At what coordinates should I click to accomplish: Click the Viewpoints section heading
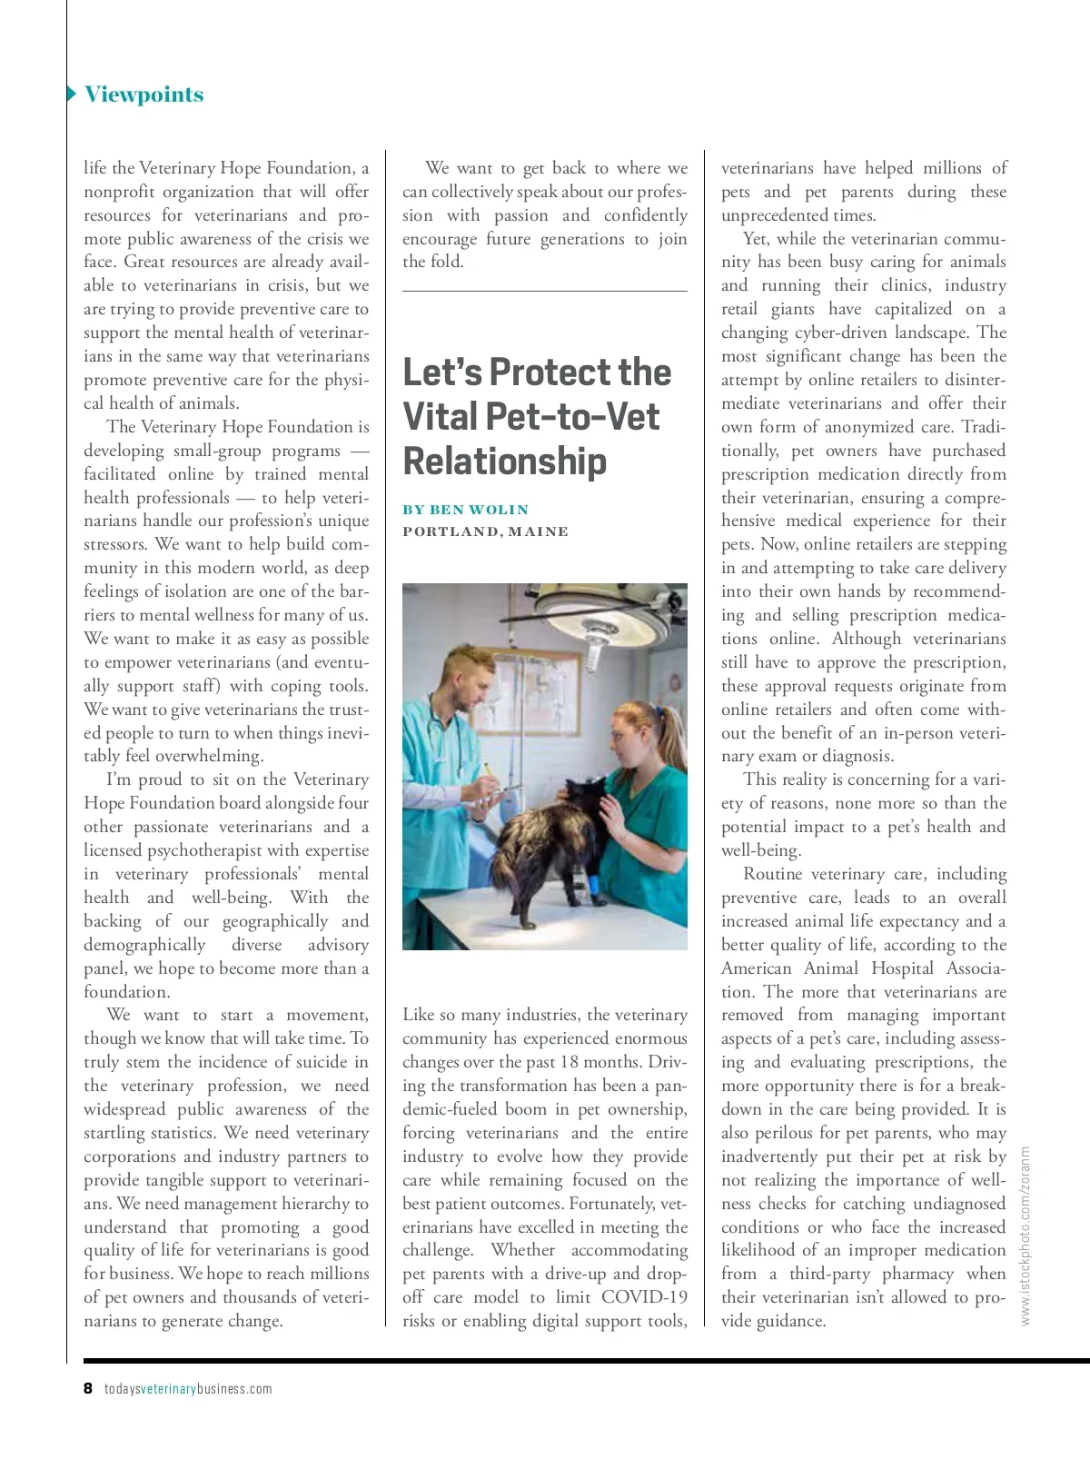click(144, 94)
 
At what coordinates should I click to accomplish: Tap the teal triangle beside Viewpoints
click(72, 94)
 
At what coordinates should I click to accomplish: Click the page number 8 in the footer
click(88, 1388)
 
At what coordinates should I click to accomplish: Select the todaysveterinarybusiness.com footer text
click(188, 1388)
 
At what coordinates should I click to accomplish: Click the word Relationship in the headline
click(504, 461)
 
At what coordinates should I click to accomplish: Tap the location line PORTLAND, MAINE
click(485, 531)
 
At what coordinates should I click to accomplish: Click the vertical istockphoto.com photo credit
click(1026, 1234)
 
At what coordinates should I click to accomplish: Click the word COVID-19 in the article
click(645, 1297)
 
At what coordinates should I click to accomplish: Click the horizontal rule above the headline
click(544, 292)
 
